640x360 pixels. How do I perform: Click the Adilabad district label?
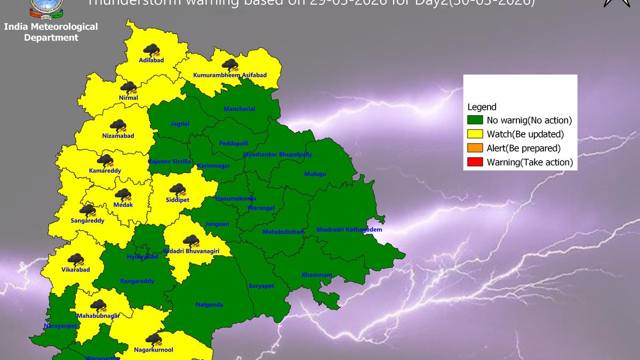(x=151, y=60)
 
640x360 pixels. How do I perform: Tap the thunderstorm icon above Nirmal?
(x=128, y=87)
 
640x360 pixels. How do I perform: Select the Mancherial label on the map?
(x=239, y=109)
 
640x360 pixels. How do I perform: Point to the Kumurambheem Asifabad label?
(x=230, y=76)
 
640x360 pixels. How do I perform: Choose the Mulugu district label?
(x=315, y=174)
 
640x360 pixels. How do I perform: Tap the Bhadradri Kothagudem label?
(x=349, y=230)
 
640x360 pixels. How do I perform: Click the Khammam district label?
(x=317, y=275)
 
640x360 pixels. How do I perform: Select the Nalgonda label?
(x=210, y=305)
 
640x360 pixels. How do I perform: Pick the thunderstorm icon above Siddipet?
(x=177, y=190)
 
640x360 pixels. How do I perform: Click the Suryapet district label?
(x=261, y=286)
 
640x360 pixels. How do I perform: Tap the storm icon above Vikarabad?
(x=76, y=260)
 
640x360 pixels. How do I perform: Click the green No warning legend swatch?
(x=475, y=121)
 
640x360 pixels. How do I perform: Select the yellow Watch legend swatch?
(x=475, y=134)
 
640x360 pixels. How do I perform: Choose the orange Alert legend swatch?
(x=475, y=148)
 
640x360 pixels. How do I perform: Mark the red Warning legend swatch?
(x=475, y=162)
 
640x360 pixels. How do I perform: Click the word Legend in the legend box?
(x=482, y=107)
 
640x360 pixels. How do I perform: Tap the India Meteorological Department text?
(x=51, y=32)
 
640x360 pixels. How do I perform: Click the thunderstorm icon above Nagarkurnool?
(x=154, y=340)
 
